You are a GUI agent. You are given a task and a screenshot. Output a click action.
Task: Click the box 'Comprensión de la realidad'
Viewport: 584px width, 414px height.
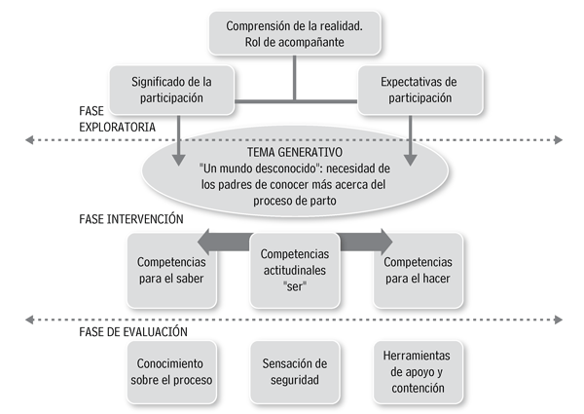pos(294,34)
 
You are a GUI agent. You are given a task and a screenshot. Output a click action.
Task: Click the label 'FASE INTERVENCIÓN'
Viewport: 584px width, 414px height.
pos(131,219)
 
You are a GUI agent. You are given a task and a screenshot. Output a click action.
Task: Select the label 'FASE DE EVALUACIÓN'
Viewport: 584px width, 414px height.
pos(131,332)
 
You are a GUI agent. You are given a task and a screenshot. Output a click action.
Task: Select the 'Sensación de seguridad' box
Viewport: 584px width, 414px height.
pos(294,371)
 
